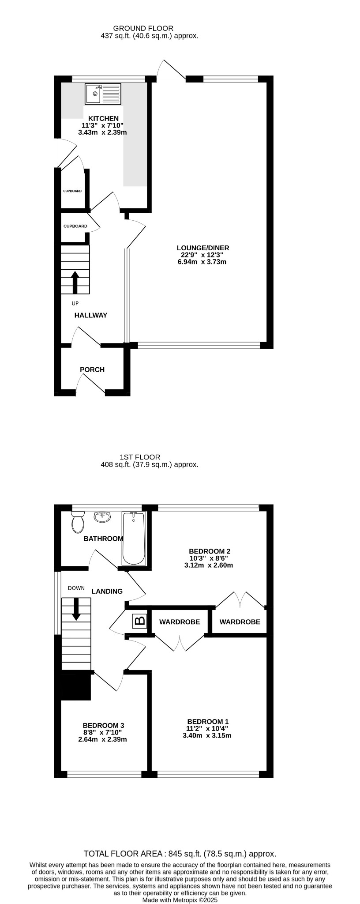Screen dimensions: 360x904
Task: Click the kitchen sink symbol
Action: pyautogui.click(x=103, y=94)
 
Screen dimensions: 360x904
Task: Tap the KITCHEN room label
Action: pyautogui.click(x=104, y=118)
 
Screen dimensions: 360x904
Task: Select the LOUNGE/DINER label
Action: pyautogui.click(x=203, y=248)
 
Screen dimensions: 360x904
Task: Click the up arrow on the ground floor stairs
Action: pyautogui.click(x=75, y=282)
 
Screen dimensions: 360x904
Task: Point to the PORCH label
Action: pyautogui.click(x=92, y=369)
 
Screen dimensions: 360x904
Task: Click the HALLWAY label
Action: pyautogui.click(x=91, y=315)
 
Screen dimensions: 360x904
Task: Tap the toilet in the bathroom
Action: pyautogui.click(x=78, y=522)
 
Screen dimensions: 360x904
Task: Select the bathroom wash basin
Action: pyautogui.click(x=102, y=517)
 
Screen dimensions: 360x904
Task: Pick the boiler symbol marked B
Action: pyautogui.click(x=140, y=621)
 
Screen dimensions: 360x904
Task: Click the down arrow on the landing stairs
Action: pyautogui.click(x=76, y=609)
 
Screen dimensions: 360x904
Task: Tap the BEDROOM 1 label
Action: pyautogui.click(x=207, y=722)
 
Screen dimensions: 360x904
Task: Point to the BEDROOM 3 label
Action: pyautogui.click(x=104, y=725)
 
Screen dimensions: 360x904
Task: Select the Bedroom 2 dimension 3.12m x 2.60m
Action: pyautogui.click(x=209, y=565)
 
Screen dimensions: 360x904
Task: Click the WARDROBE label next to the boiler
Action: pyautogui.click(x=180, y=622)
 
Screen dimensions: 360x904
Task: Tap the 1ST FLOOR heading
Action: pyautogui.click(x=140, y=457)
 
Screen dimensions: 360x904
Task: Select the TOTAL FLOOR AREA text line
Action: pyautogui.click(x=180, y=854)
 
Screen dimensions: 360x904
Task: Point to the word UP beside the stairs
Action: pyautogui.click(x=75, y=303)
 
